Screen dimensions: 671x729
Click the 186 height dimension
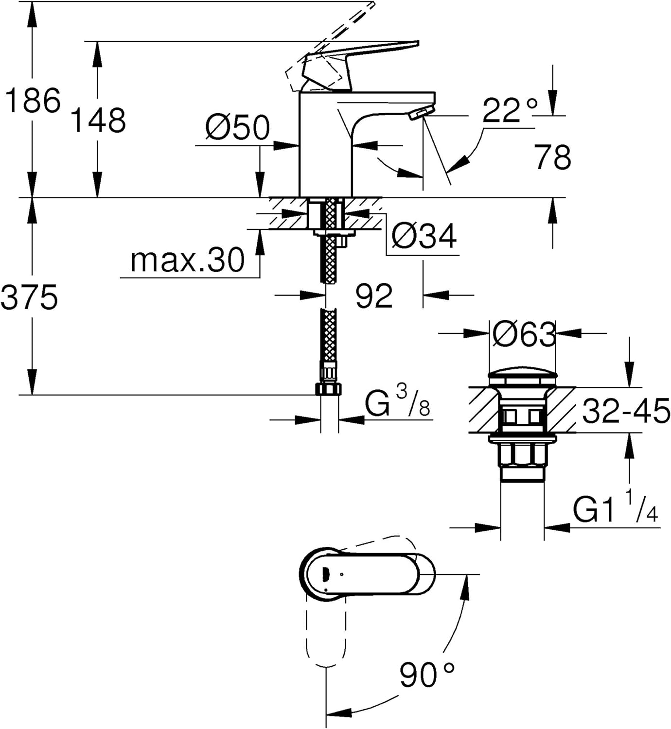33,100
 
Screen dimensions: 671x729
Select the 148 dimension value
98,120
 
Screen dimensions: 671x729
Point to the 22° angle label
510,110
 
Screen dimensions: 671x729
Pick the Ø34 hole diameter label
424,236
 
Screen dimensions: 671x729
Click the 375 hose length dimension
29,296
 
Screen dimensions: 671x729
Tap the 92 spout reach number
374,295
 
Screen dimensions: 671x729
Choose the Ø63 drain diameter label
524,334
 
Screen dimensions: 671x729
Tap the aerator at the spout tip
422,113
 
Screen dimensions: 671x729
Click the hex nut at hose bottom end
328,390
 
